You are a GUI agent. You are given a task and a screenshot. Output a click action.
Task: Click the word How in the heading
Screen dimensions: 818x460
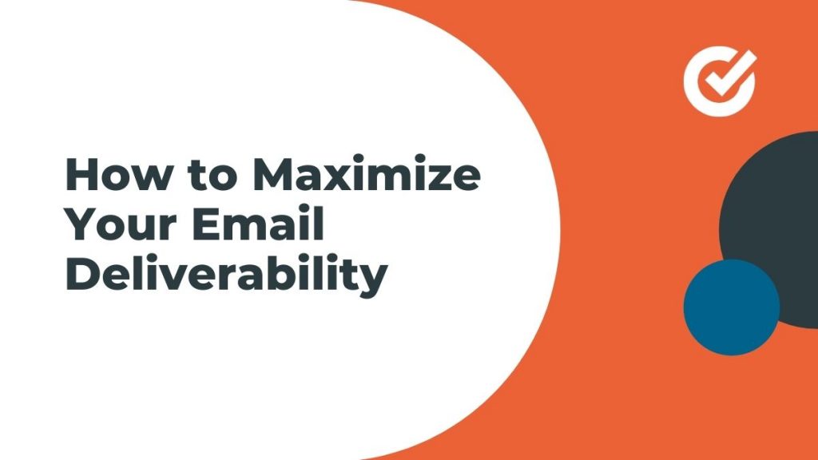tap(119, 174)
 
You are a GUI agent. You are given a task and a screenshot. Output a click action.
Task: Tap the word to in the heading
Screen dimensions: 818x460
tap(212, 176)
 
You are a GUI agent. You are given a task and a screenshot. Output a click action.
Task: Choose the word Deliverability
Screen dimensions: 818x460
tap(227, 275)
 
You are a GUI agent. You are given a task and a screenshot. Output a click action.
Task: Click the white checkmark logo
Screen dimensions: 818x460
tap(720, 81)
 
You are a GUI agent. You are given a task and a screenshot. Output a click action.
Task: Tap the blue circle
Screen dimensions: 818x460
tap(732, 307)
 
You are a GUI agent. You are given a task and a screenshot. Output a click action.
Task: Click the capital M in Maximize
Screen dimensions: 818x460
tap(273, 174)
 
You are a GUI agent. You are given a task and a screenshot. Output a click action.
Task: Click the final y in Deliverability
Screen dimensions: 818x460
tap(373, 282)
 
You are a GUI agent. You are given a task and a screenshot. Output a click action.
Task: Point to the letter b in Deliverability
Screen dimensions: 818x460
tap(288, 274)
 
